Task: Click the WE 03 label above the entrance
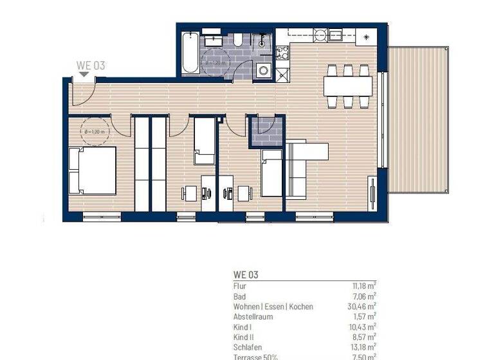pyautogui.click(x=90, y=64)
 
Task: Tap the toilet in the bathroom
pyautogui.click(x=238, y=41)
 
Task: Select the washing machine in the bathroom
pyautogui.click(x=262, y=70)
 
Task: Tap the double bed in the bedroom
pyautogui.click(x=93, y=170)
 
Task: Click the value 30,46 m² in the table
pyautogui.click(x=361, y=307)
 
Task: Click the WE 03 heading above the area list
pyautogui.click(x=246, y=274)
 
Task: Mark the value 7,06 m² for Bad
pyautogui.click(x=363, y=296)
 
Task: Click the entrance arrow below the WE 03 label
pyautogui.click(x=84, y=75)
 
